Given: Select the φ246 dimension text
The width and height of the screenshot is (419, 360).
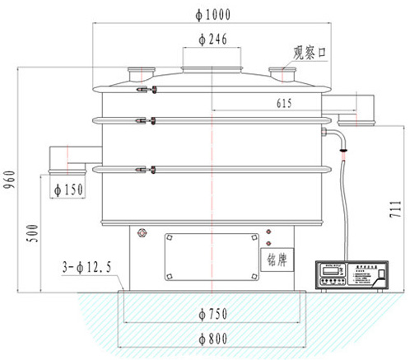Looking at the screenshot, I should click(x=213, y=39).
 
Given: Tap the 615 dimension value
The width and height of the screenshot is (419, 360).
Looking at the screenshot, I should click(x=284, y=103).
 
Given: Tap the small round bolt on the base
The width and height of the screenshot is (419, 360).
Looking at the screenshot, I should click(x=143, y=235).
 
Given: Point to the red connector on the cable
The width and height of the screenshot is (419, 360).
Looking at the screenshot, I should click(x=343, y=150).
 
